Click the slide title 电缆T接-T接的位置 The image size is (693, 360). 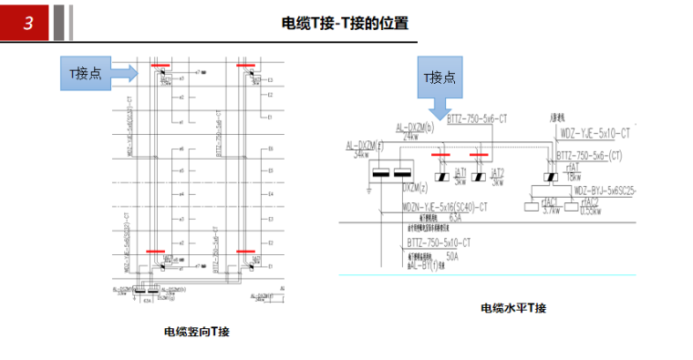coord(346,25)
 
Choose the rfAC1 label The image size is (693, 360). coord(549,201)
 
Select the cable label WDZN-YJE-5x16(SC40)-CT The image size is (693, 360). coord(445,208)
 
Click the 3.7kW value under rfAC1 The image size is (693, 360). coord(550,211)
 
